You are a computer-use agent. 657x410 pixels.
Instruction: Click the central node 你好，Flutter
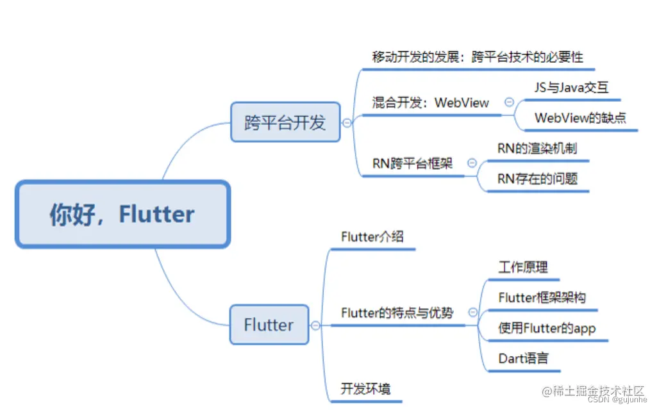click(x=122, y=215)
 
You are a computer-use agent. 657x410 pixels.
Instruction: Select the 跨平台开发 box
click(x=285, y=122)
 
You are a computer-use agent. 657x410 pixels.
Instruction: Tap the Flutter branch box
click(x=269, y=325)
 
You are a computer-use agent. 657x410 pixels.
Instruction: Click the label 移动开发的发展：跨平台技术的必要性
click(x=478, y=57)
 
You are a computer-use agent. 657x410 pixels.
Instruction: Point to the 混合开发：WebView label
click(x=430, y=102)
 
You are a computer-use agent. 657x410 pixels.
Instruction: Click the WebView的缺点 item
click(x=580, y=118)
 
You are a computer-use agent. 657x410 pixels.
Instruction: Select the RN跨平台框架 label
click(x=412, y=163)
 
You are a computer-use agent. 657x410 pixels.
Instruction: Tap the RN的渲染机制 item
click(x=536, y=149)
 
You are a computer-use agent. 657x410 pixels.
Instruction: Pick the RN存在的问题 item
click(x=537, y=179)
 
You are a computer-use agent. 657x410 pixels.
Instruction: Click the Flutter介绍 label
click(x=372, y=236)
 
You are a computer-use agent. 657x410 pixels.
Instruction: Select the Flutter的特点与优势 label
click(x=397, y=313)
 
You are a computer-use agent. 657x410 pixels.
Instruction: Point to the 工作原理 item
click(x=523, y=267)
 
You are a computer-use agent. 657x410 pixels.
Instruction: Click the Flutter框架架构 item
click(x=542, y=297)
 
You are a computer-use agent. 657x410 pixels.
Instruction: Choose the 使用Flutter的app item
click(x=547, y=329)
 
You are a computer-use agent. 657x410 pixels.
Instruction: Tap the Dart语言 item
click(x=523, y=358)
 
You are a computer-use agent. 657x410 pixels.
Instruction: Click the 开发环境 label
click(x=365, y=389)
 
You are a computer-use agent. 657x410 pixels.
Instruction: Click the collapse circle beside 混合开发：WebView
click(x=510, y=102)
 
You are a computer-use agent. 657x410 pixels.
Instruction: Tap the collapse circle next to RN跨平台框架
click(x=472, y=163)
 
